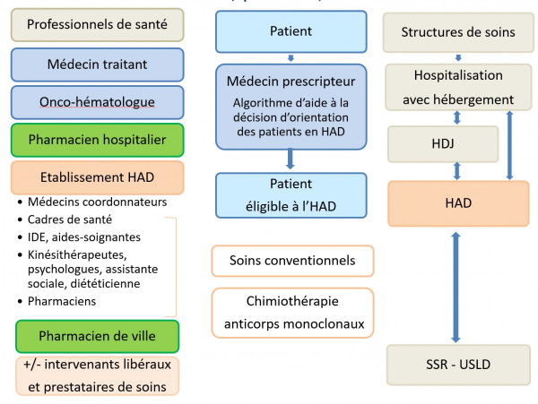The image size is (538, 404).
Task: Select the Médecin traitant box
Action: pyautogui.click(x=97, y=64)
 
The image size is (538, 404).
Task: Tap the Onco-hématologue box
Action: pyautogui.click(x=97, y=102)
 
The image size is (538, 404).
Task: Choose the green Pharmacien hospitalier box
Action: pyautogui.click(x=97, y=140)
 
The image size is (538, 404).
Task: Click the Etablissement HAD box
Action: pyautogui.click(x=97, y=177)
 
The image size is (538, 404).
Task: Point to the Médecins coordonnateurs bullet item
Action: pyautogui.click(x=97, y=202)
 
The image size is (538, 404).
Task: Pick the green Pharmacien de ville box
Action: pyautogui.click(x=97, y=336)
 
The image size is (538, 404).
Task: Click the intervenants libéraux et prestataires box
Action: pyautogui.click(x=97, y=375)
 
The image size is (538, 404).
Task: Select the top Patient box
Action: pyautogui.click(x=291, y=32)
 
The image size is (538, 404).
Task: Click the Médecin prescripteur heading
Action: pyautogui.click(x=291, y=82)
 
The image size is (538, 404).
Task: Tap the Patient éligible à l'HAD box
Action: pyautogui.click(x=291, y=195)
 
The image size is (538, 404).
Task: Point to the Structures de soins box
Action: pyautogui.click(x=458, y=32)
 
